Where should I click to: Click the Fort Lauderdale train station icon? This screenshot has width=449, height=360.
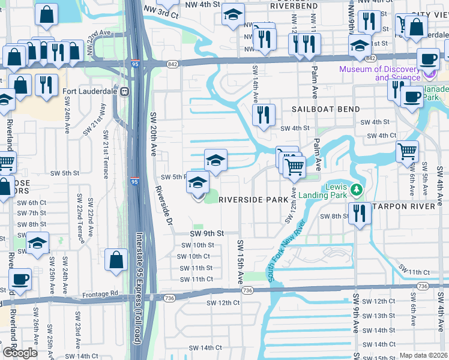[x=125, y=92]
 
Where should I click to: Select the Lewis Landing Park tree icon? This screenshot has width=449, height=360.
[x=357, y=190]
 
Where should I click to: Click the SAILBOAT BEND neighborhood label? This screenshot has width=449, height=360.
[x=326, y=109]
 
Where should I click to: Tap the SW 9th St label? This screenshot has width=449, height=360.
[x=206, y=233]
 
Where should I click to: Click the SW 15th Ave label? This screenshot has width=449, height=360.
[x=240, y=262]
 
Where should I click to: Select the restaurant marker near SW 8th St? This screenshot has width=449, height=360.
[x=360, y=214]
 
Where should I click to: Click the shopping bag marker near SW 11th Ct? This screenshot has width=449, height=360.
[x=116, y=259]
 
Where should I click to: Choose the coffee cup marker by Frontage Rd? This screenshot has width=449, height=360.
[x=20, y=278]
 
